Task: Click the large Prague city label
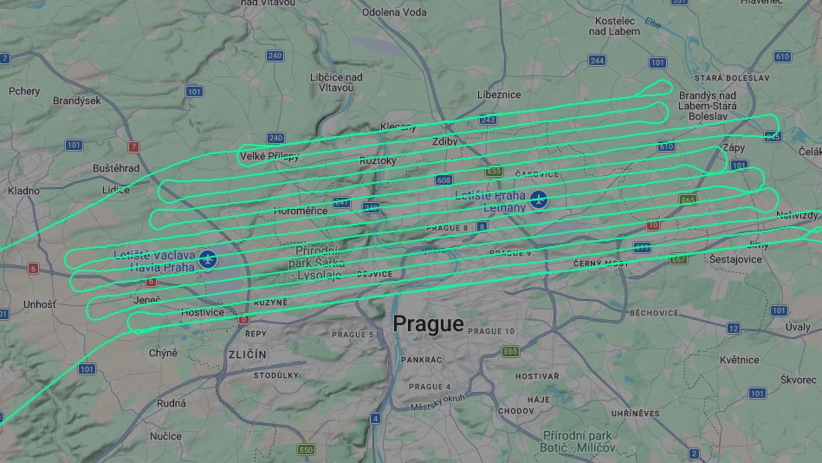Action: point(428,324)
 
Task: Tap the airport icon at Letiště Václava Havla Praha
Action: point(207,258)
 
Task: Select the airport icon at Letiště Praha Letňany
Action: point(539,200)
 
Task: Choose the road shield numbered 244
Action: point(597,61)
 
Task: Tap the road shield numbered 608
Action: point(444,180)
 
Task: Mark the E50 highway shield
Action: point(306,450)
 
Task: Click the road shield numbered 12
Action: point(734,328)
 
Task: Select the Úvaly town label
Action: point(798,327)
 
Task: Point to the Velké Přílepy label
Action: point(269,156)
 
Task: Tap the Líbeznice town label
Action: point(499,95)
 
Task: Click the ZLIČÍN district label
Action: point(248,355)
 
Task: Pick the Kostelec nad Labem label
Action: point(614,26)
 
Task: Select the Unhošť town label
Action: point(39,304)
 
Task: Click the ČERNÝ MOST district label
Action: point(600,263)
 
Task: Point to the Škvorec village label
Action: point(798,380)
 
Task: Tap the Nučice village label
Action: point(166,436)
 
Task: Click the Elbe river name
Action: point(652,24)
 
